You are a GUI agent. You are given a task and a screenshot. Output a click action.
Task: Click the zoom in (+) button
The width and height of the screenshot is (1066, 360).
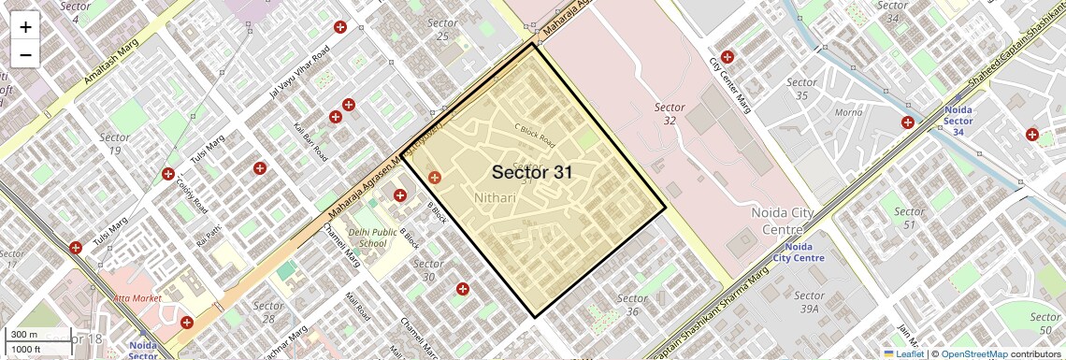pyautogui.click(x=25, y=27)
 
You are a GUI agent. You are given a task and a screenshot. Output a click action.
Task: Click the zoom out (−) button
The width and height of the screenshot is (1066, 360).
pyautogui.click(x=25, y=54)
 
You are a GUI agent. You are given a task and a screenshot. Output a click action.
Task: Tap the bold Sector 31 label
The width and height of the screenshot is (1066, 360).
pyautogui.click(x=531, y=172)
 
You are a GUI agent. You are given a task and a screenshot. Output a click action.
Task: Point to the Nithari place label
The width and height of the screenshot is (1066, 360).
pyautogui.click(x=495, y=198)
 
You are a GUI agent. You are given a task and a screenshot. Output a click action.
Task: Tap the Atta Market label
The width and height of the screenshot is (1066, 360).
pyautogui.click(x=137, y=298)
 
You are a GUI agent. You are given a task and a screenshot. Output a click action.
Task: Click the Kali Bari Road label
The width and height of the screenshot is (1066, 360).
pyautogui.click(x=310, y=138)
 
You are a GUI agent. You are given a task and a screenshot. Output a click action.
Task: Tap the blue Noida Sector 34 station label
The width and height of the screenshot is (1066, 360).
pyautogui.click(x=958, y=121)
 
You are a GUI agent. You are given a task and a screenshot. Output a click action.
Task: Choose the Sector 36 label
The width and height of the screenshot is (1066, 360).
pyautogui.click(x=633, y=305)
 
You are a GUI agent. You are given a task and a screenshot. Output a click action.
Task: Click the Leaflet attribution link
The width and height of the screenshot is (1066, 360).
pyautogui.click(x=903, y=353)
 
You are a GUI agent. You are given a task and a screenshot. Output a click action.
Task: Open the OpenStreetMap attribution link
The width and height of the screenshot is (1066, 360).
pyautogui.click(x=973, y=353)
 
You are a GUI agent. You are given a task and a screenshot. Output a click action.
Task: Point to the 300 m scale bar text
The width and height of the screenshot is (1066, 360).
pyautogui.click(x=24, y=335)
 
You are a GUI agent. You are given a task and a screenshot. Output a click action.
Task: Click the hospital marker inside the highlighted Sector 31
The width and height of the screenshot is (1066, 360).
pyautogui.click(x=434, y=177)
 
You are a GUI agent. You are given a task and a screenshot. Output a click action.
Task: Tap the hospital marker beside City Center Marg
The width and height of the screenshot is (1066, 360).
pyautogui.click(x=727, y=57)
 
